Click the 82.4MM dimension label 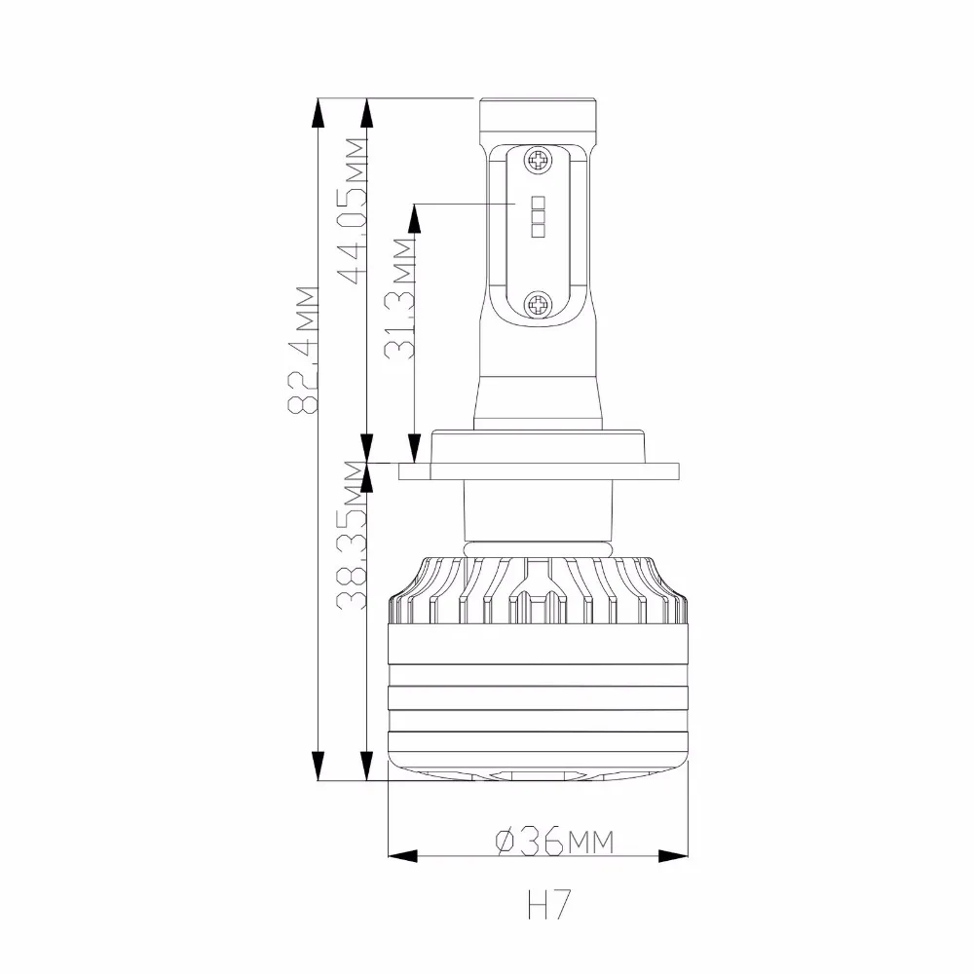[x=304, y=350]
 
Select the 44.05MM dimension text [x=356, y=210]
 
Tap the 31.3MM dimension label [x=398, y=299]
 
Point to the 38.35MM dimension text [x=352, y=535]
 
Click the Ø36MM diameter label [x=554, y=842]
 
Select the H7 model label [x=548, y=905]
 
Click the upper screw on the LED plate [x=538, y=161]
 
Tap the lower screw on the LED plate [x=538, y=305]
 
